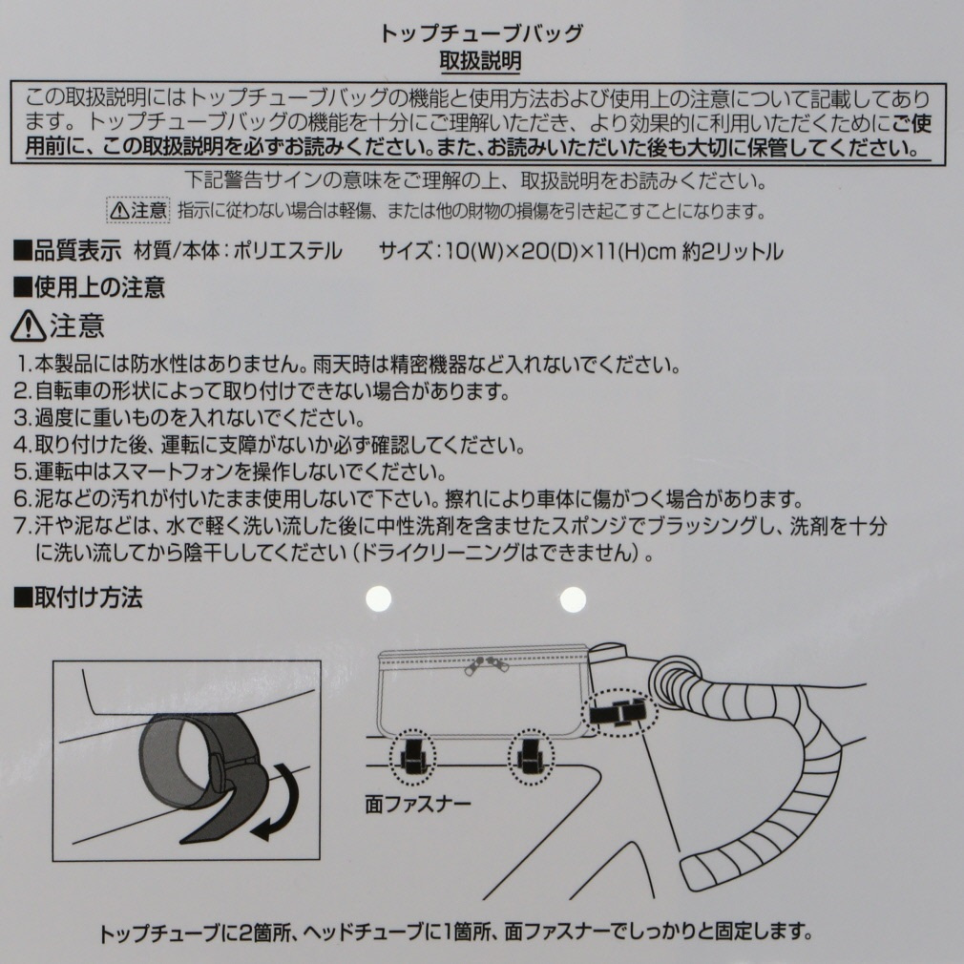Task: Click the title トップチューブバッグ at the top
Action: [481, 32]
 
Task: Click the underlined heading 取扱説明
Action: [481, 61]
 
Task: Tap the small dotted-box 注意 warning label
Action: [138, 211]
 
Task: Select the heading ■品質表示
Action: [68, 251]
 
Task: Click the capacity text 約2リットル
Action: [733, 251]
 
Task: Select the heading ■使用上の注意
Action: [90, 287]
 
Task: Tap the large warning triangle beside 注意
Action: [29, 325]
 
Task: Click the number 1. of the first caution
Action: [24, 365]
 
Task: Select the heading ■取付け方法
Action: [78, 597]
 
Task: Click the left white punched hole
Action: [379, 598]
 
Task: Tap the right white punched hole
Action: [573, 599]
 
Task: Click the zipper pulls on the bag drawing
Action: [486, 666]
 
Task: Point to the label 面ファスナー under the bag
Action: [418, 804]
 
